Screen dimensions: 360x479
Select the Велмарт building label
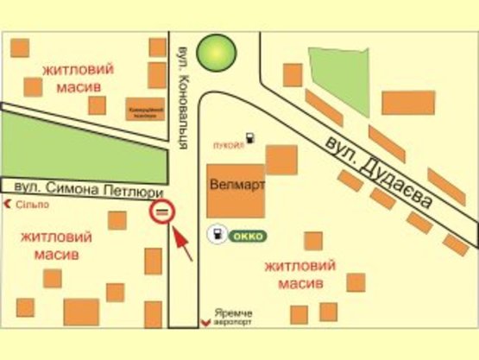point(236,185)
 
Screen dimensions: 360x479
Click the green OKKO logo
point(249,234)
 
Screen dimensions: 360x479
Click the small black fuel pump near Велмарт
point(249,138)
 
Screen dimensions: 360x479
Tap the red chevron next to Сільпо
point(9,205)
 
